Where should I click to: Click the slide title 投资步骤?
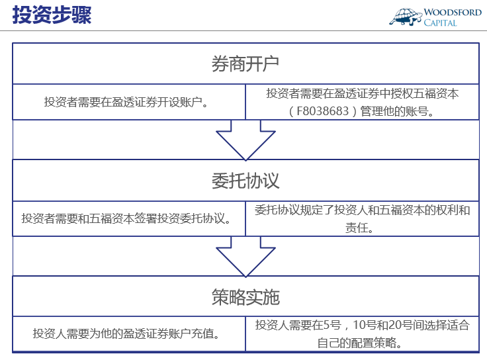coord(52,15)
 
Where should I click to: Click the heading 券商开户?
coord(245,64)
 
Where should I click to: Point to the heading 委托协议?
coord(245,181)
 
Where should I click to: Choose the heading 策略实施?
coord(245,297)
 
